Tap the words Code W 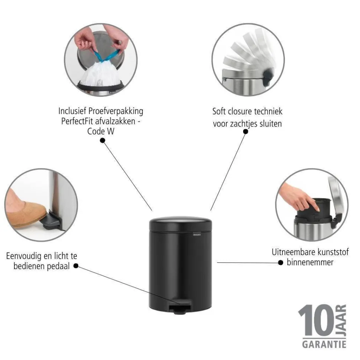tap(101, 131)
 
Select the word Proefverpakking tap(116, 111)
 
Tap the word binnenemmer tap(310, 262)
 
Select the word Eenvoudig tap(23, 256)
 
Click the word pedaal tap(58, 266)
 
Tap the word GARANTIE tap(324, 344)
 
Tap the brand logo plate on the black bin tap(197, 235)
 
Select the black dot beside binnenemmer tap(281, 262)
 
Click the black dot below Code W tap(103, 140)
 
